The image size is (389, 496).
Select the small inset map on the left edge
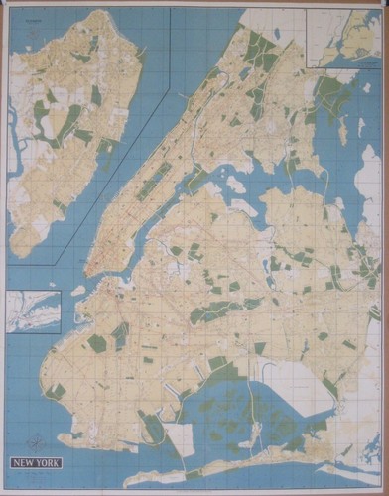tap(33, 310)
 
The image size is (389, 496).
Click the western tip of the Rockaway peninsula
tap(159, 477)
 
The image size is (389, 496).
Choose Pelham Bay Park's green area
tap(332, 94)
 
